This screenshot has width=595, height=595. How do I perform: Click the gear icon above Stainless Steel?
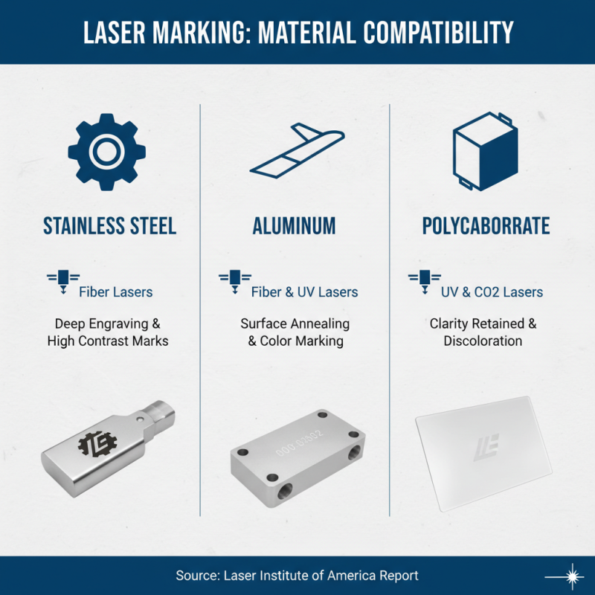[104, 150]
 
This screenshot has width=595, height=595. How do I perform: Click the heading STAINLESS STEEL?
[109, 225]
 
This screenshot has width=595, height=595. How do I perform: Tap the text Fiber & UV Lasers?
[304, 292]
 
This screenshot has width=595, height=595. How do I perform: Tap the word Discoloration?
[483, 341]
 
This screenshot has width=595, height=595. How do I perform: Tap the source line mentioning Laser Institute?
[297, 576]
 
